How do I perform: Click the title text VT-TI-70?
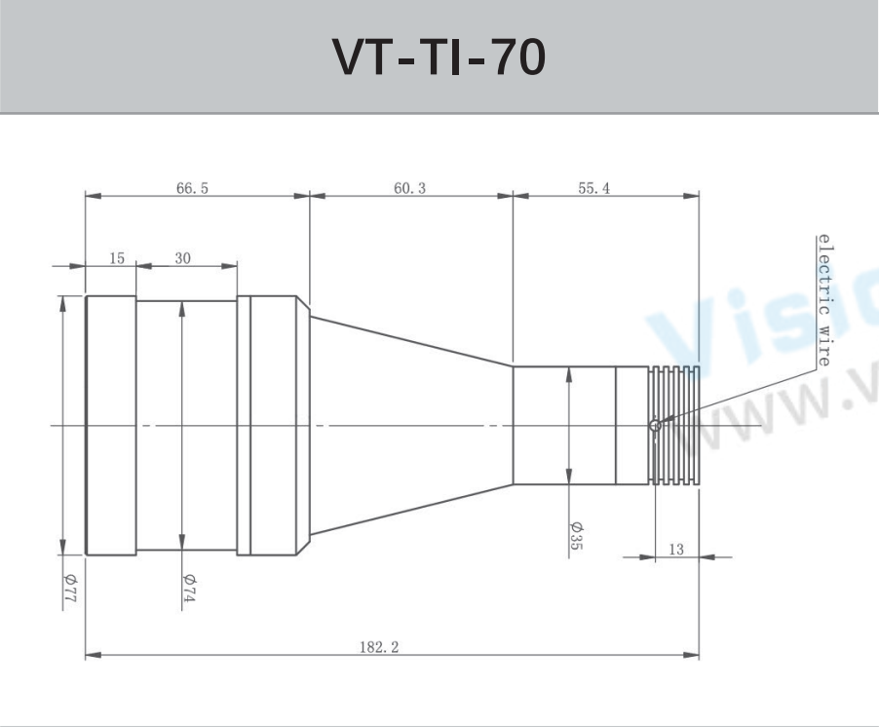point(439,57)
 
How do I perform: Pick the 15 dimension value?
point(117,258)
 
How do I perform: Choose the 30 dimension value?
point(182,258)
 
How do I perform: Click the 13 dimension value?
point(675,551)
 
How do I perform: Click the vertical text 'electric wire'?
point(823,300)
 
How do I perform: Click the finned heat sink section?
point(673,425)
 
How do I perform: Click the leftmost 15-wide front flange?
point(110,425)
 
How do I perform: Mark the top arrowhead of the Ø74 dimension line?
point(182,308)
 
